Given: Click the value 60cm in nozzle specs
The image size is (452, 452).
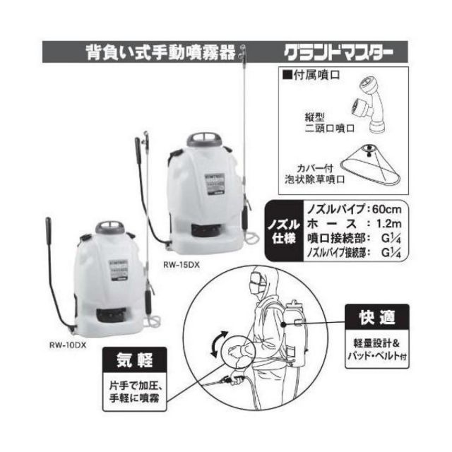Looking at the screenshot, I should click(390, 209).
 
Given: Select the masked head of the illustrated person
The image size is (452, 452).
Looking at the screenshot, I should click(259, 286).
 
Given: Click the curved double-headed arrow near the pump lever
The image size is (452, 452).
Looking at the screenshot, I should click(222, 343).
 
